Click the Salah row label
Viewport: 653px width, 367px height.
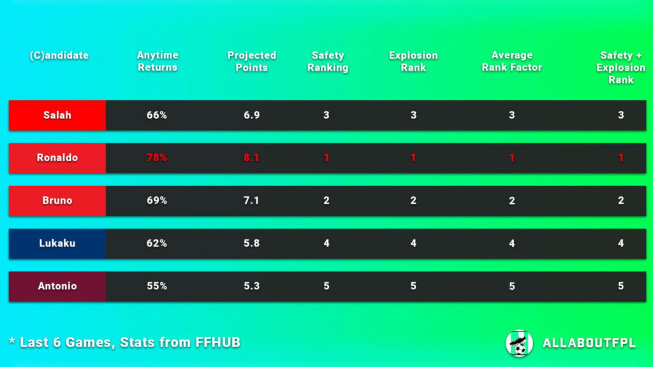click(57, 115)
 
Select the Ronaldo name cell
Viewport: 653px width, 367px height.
click(57, 158)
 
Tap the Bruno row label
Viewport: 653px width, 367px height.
click(57, 201)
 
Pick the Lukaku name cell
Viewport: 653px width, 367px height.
click(57, 243)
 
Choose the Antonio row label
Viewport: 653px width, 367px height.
click(57, 286)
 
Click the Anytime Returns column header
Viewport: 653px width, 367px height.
click(158, 61)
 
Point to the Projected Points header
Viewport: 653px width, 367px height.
click(252, 61)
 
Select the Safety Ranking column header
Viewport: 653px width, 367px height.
click(328, 61)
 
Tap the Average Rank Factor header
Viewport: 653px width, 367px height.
click(512, 61)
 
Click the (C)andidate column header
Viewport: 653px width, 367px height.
click(59, 55)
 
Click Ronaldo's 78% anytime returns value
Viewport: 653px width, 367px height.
click(157, 158)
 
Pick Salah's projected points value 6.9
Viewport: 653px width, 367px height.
click(252, 115)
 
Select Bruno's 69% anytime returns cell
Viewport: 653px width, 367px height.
click(157, 201)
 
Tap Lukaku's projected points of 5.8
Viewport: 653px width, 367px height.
click(252, 243)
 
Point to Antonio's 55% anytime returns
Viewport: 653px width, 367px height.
click(157, 286)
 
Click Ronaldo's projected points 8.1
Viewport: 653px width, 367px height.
click(252, 158)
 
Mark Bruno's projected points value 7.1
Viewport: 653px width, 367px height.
click(252, 201)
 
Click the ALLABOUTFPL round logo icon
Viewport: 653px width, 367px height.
click(519, 343)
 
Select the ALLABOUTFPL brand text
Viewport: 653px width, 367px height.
click(589, 343)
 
